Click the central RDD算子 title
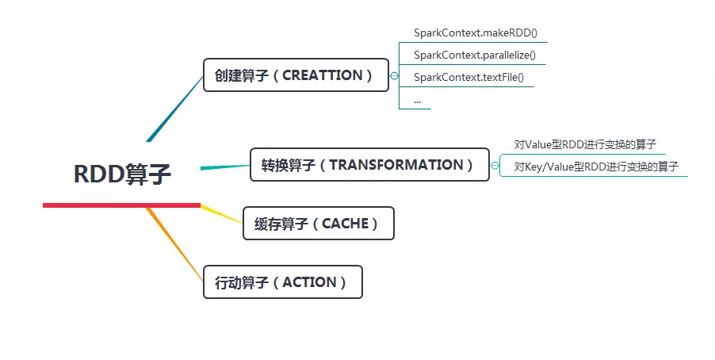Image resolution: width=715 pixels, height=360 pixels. tap(122, 174)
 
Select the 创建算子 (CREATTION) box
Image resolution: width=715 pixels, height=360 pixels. tap(296, 75)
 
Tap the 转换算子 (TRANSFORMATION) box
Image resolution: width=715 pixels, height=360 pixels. tap(369, 165)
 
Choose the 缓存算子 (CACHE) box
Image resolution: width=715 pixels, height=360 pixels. tap(317, 224)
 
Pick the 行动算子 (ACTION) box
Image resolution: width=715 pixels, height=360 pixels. tap(282, 282)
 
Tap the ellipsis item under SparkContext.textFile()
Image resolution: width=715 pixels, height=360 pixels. tap(417, 101)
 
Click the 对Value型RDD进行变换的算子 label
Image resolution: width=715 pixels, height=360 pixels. tap(585, 144)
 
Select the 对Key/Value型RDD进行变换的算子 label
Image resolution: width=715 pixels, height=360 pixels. tap(595, 167)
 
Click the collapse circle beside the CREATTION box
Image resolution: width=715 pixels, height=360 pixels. tap(395, 76)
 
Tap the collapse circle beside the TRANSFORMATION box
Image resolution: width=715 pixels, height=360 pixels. tap(495, 166)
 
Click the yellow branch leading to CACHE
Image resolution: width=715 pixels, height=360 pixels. tap(221, 214)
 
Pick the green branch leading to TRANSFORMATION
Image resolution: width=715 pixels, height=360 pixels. tap(225, 167)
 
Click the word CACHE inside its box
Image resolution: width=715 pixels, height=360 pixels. tap(345, 224)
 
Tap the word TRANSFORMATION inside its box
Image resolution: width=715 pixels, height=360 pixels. tap(396, 165)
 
